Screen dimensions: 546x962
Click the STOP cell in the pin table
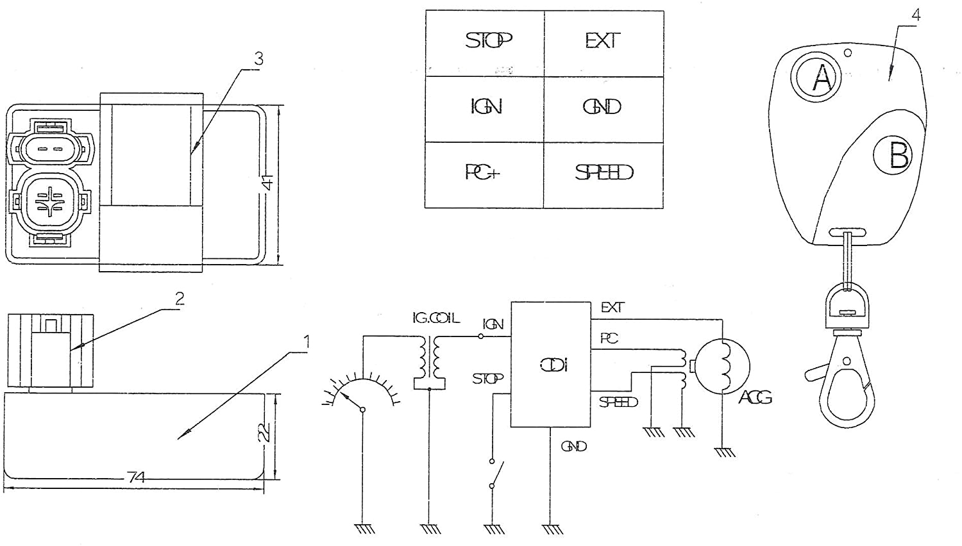[x=485, y=42]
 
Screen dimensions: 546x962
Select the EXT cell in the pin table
[x=603, y=42]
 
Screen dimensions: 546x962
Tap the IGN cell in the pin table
[x=485, y=107]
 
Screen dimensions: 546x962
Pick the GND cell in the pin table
[x=603, y=107]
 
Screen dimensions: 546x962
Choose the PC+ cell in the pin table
[x=484, y=174]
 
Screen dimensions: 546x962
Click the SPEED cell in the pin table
[x=603, y=174]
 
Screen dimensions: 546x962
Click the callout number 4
[x=916, y=15]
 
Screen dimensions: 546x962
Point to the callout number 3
[x=258, y=60]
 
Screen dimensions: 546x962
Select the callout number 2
[x=180, y=299]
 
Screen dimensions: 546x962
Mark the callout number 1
[x=306, y=342]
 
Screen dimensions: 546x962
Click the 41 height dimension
[x=269, y=183]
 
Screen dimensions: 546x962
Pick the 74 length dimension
[x=136, y=477]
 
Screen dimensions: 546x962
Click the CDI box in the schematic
[x=550, y=365]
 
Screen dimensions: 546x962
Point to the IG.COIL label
[x=435, y=318]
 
